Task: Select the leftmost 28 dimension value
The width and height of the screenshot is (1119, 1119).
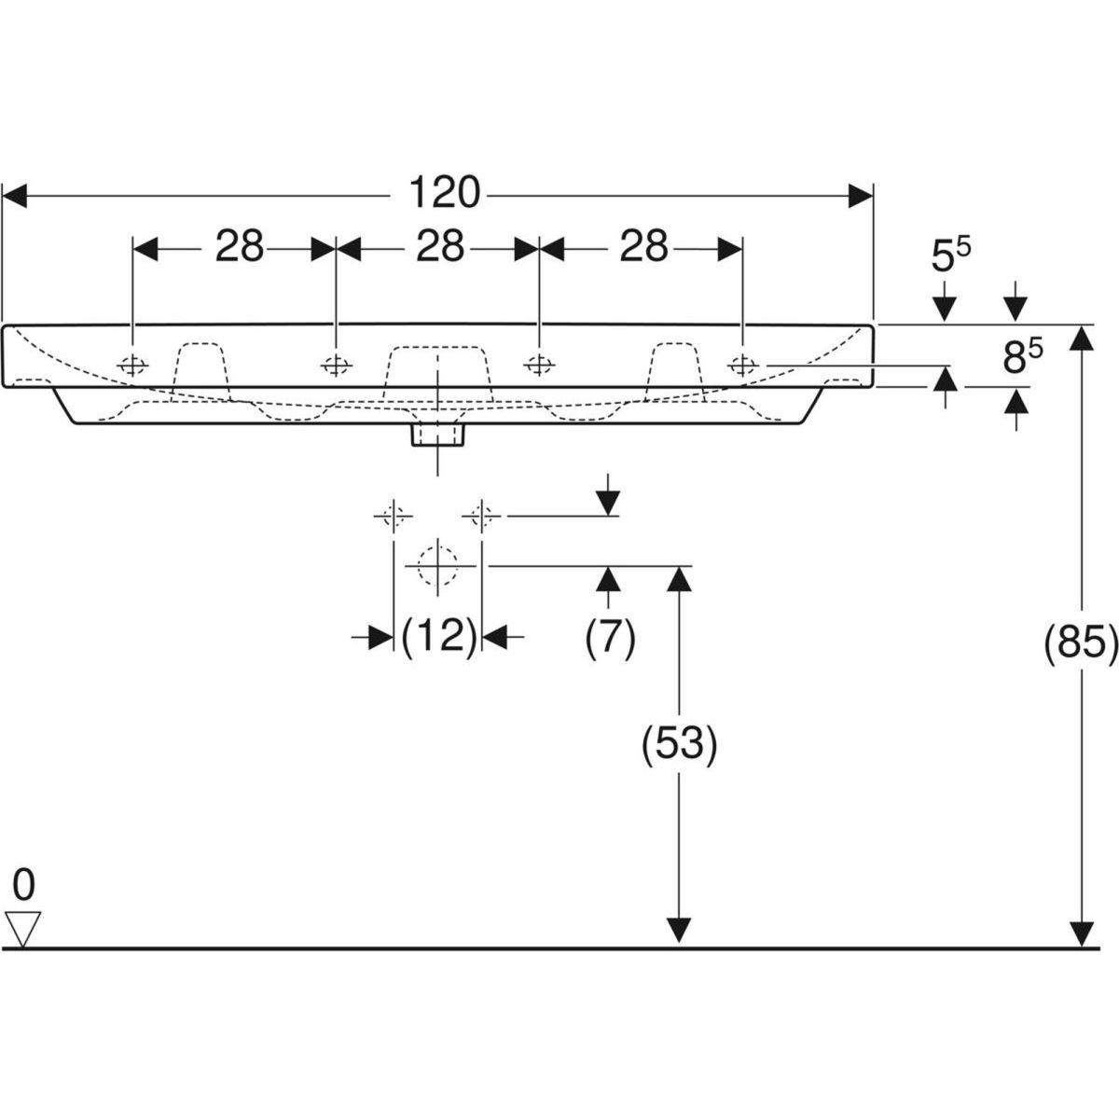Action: (241, 247)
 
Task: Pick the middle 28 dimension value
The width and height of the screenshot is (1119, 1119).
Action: (439, 247)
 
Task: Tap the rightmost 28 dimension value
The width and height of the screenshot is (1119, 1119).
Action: (643, 247)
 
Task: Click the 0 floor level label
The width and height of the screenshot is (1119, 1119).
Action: (23, 880)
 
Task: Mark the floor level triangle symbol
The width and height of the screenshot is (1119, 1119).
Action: (23, 927)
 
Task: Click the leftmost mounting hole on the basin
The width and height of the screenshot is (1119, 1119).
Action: (133, 365)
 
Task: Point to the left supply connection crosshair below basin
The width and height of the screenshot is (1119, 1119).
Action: (393, 514)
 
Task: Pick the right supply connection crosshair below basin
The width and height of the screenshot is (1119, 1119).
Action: (481, 514)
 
